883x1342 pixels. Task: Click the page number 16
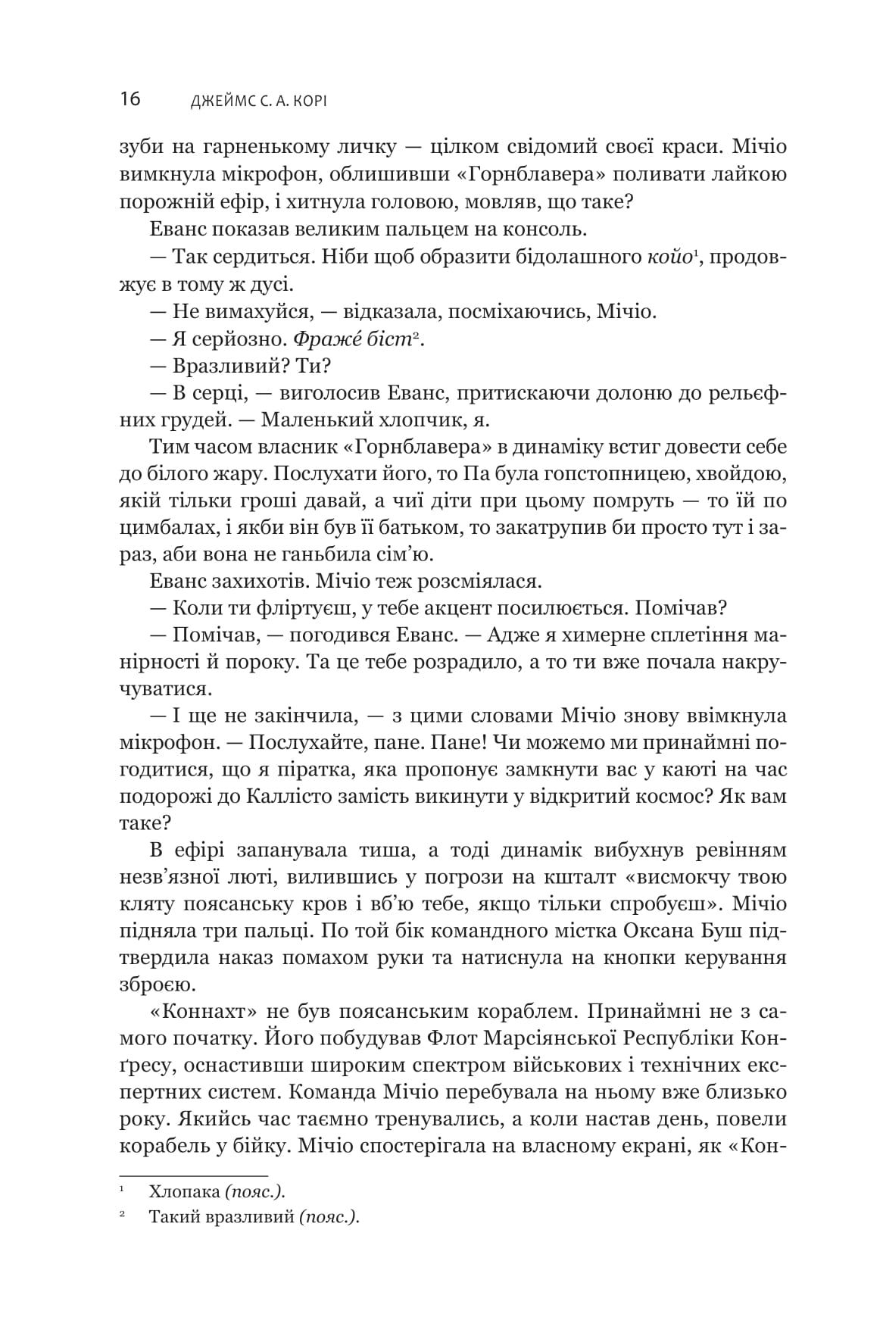pyautogui.click(x=129, y=98)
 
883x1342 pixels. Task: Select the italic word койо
pyautogui.click(x=669, y=257)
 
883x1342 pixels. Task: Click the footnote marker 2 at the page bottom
pyautogui.click(x=121, y=1216)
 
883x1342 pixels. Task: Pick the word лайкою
pyautogui.click(x=746, y=174)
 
